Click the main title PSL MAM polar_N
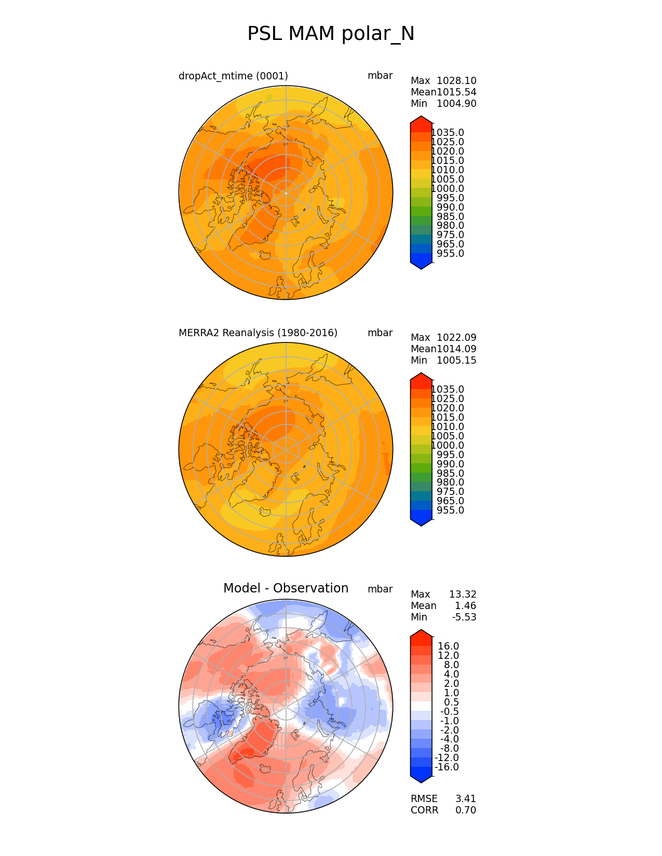point(331,34)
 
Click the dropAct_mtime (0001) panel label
point(233,76)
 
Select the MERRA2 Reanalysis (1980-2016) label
point(258,333)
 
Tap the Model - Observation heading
point(286,588)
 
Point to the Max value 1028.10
point(456,81)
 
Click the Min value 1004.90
point(456,104)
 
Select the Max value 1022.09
point(456,338)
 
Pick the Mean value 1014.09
point(456,349)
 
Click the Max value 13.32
point(463,595)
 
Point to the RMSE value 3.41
point(466,799)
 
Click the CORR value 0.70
point(466,810)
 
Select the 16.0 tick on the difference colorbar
point(449,646)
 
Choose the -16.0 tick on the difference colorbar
point(447,767)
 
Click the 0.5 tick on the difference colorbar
point(451,702)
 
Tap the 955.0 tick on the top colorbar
point(451,254)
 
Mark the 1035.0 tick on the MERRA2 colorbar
point(448,390)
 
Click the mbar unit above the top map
point(380,76)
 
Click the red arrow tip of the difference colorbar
point(421,633)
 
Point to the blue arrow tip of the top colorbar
point(421,266)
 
